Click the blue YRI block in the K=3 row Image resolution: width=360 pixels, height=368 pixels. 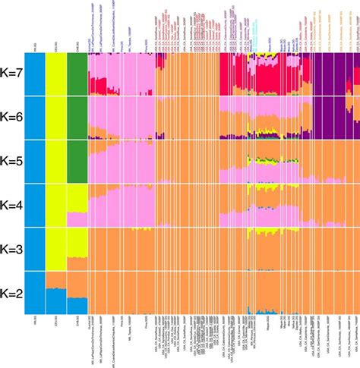pos(34,249)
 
